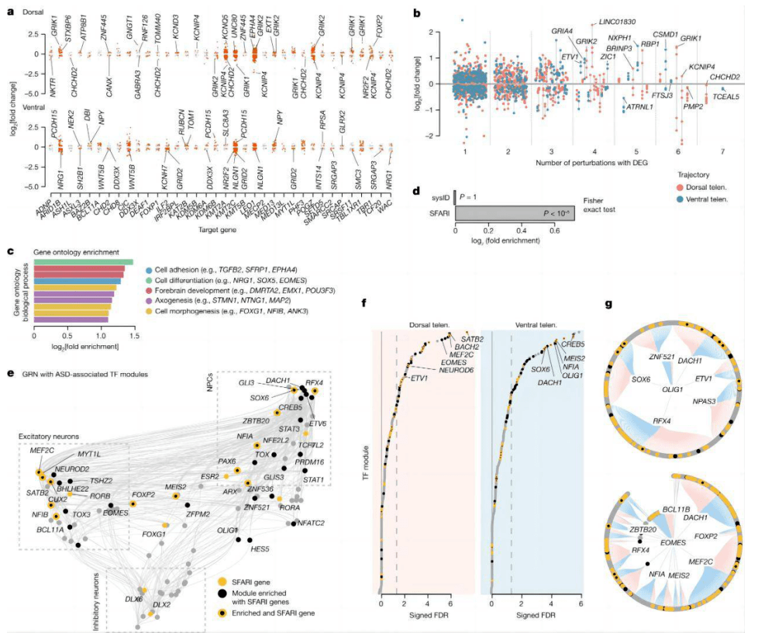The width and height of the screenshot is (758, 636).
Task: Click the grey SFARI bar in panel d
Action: (x=515, y=213)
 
